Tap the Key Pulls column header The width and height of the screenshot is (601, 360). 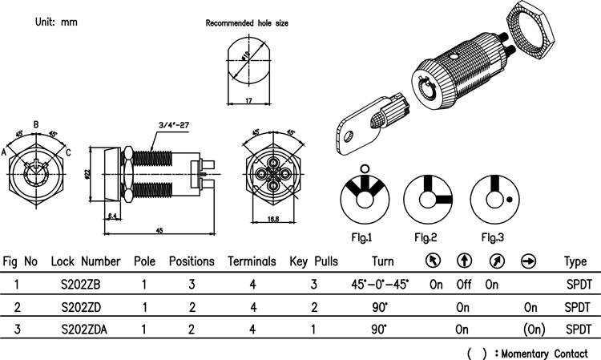pyautogui.click(x=313, y=261)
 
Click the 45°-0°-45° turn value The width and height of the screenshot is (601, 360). pyautogui.click(x=380, y=284)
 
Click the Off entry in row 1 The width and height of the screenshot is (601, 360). pyautogui.click(x=462, y=284)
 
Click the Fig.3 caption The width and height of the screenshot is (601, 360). pyautogui.click(x=492, y=237)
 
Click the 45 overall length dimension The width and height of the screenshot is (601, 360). pyautogui.click(x=159, y=230)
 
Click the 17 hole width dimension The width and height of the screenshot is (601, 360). pyautogui.click(x=248, y=100)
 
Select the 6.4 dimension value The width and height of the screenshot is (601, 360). pyautogui.click(x=113, y=216)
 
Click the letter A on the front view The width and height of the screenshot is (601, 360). pyautogui.click(x=5, y=151)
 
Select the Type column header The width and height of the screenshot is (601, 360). pyautogui.click(x=575, y=261)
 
